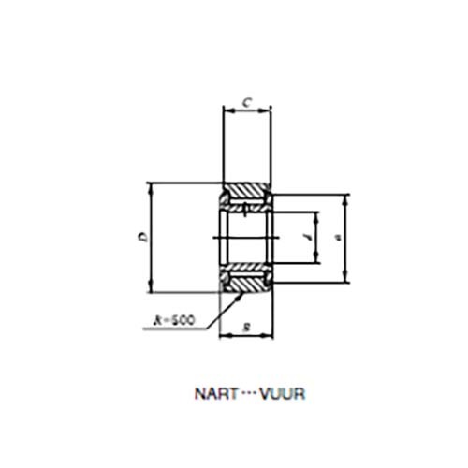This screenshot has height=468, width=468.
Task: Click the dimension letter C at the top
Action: click(246, 101)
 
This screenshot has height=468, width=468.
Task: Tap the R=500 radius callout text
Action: click(173, 320)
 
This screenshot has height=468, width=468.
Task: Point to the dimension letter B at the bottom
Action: click(245, 326)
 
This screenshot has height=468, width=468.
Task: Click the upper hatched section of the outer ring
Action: click(247, 195)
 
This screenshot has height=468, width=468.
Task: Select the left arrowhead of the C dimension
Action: click(225, 110)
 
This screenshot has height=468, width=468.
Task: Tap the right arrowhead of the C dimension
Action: click(269, 110)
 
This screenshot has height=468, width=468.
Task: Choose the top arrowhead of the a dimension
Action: click(346, 197)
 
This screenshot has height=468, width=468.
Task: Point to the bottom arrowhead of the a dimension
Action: click(346, 278)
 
